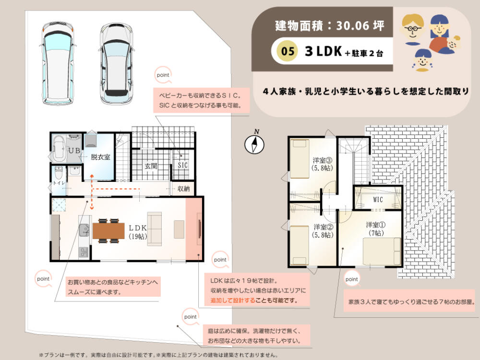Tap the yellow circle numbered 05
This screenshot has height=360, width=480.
tap(288, 51)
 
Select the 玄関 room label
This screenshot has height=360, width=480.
tap(151, 166)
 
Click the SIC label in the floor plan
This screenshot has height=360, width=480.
tap(183, 165)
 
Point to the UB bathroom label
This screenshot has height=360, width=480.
tap(74, 151)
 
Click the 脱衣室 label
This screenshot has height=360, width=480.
tap(100, 157)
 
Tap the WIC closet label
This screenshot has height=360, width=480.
tap(378, 200)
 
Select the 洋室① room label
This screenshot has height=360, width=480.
tap(376, 225)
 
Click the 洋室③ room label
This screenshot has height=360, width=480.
tap(323, 160)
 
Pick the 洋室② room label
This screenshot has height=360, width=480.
tap(323, 227)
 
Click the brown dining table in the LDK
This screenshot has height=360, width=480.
tap(108, 231)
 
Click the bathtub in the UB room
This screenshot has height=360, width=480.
tap(59, 149)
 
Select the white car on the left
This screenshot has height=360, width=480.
tap(58, 63)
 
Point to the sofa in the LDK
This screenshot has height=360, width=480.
tap(154, 229)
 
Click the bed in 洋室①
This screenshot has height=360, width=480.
tap(382, 252)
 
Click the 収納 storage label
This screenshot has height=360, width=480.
tap(183, 189)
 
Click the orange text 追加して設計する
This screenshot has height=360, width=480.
tap(233, 300)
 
